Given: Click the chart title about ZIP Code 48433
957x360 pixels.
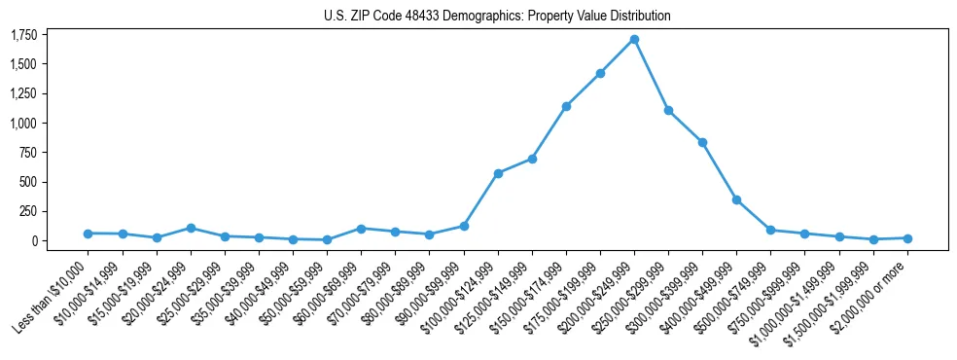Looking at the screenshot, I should click(497, 17).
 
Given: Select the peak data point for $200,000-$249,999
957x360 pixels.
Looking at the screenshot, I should click(634, 40).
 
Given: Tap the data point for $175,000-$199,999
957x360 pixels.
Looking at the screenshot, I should click(600, 73).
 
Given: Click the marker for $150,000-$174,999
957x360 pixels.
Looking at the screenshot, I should click(566, 106).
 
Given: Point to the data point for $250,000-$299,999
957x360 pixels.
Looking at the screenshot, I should click(668, 110).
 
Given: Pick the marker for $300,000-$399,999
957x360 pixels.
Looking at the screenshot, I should click(702, 142).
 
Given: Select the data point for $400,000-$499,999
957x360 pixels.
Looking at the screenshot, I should click(736, 199).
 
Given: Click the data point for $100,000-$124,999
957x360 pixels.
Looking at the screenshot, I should click(498, 173).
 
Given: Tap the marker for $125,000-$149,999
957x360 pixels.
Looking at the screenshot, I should click(532, 159).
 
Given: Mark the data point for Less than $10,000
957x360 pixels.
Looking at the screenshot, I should click(88, 234).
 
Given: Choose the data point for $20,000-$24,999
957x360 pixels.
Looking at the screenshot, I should click(191, 228).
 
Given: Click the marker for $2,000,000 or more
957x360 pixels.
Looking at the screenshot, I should click(907, 238).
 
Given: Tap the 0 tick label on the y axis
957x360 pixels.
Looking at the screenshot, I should click(34, 240).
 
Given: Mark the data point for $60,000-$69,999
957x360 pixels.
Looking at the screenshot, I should click(361, 229).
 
